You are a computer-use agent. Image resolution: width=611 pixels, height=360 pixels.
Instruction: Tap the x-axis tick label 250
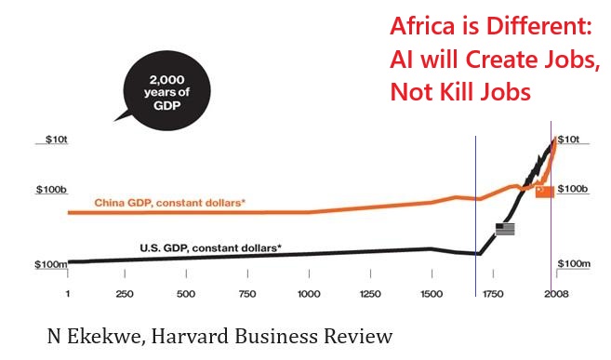(x=126, y=295)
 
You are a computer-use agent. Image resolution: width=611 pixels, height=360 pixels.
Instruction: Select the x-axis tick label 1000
(x=309, y=295)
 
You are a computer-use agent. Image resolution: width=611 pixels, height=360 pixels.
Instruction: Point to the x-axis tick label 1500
(x=431, y=295)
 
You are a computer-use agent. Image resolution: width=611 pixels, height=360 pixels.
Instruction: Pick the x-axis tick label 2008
(x=554, y=295)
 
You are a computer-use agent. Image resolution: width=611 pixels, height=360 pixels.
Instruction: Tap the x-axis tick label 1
(x=68, y=295)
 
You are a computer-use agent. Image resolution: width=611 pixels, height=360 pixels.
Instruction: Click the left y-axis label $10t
(x=56, y=140)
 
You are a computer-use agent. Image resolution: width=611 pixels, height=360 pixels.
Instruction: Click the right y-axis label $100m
(x=574, y=265)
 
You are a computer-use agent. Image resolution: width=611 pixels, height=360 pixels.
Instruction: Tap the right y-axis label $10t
(x=568, y=140)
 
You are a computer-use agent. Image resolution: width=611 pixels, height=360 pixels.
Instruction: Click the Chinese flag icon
(x=544, y=191)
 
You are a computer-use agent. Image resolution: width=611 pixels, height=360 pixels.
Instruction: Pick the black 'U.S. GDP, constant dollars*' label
(x=211, y=247)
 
